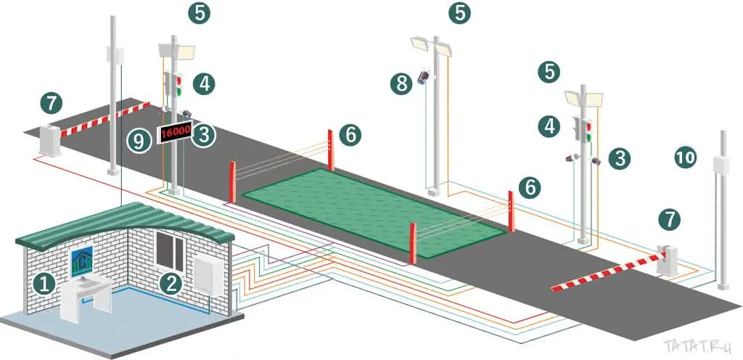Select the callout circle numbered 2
tap(171, 284)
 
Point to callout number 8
tap(402, 83)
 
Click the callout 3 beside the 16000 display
tap(206, 134)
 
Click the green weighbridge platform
tap(374, 211)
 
